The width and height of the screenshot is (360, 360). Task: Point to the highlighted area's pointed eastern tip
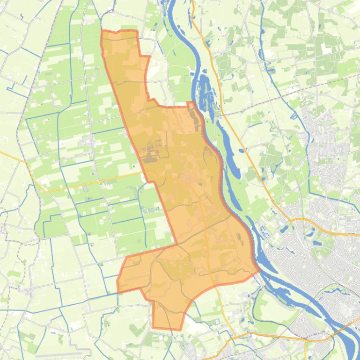click(x=259, y=270)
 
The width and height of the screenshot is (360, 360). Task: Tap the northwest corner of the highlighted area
click(x=103, y=32)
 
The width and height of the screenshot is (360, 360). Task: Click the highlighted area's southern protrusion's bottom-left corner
click(x=153, y=327)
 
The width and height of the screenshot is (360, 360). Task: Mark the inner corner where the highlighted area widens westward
click(x=176, y=244)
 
